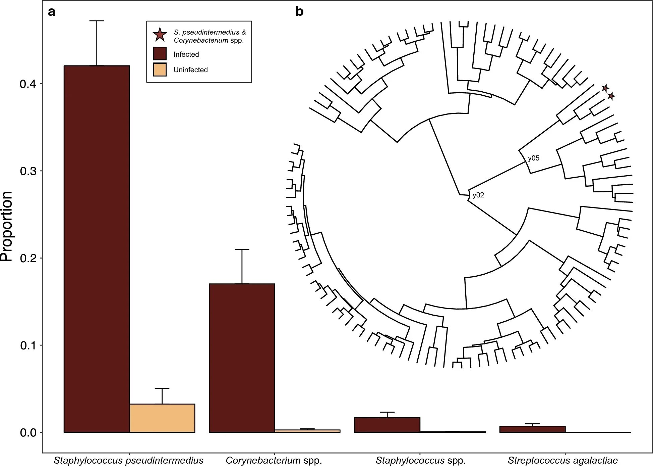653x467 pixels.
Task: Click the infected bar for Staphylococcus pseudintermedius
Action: tap(97, 248)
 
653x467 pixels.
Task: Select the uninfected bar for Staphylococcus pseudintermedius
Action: tap(162, 418)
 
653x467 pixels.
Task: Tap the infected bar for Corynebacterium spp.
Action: tap(242, 358)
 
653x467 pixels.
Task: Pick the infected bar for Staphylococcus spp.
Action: tap(387, 425)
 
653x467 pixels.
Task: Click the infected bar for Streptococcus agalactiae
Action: tap(532, 429)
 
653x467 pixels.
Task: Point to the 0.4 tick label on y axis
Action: tap(28, 84)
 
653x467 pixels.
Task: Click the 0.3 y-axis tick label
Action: tap(28, 171)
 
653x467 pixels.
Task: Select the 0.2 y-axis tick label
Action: tap(28, 258)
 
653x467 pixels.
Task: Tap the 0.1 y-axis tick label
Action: tap(28, 345)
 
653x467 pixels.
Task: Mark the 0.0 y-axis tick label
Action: tap(28, 432)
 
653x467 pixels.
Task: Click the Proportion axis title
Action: tap(7, 227)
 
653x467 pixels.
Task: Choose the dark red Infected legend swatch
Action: tap(160, 54)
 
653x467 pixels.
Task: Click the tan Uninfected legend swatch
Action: tap(160, 69)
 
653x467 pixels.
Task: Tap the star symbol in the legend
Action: tap(160, 35)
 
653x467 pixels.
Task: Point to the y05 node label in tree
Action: tap(533, 158)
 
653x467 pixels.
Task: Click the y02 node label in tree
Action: tap(478, 195)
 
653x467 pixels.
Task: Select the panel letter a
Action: tap(51, 12)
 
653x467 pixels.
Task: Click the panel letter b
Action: tap(299, 12)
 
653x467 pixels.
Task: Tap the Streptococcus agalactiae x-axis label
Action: tap(562, 460)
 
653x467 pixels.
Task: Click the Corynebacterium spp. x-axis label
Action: tap(274, 460)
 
